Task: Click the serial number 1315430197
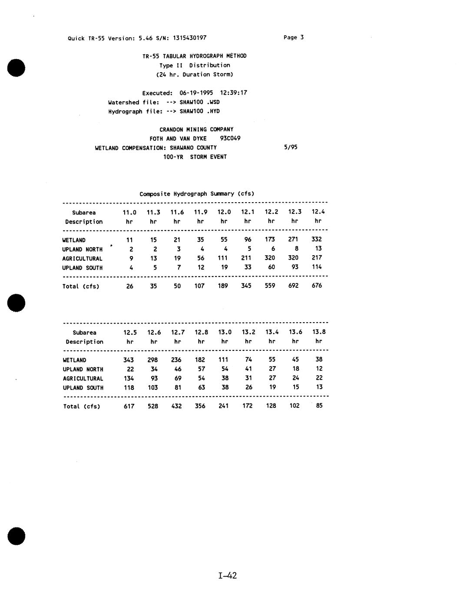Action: click(x=189, y=38)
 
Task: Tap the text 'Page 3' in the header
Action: click(x=294, y=37)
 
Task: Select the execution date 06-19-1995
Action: click(x=196, y=93)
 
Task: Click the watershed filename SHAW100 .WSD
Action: click(x=199, y=102)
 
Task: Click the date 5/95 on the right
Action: click(x=291, y=147)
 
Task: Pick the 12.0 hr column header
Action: click(x=224, y=212)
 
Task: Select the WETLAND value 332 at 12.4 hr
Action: click(x=317, y=239)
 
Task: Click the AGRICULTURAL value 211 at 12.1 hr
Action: click(x=246, y=258)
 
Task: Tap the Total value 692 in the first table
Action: click(x=294, y=286)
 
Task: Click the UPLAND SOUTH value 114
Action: click(x=317, y=267)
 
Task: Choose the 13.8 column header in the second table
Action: click(x=319, y=332)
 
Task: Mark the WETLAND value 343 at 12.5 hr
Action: click(x=129, y=360)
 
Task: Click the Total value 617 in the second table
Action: click(x=129, y=406)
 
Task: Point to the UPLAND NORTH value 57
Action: click(x=201, y=369)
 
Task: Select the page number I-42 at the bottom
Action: click(x=228, y=576)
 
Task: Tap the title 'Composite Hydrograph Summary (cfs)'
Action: click(x=197, y=193)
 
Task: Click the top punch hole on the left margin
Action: click(x=16, y=68)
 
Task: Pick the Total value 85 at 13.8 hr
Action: click(x=319, y=406)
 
